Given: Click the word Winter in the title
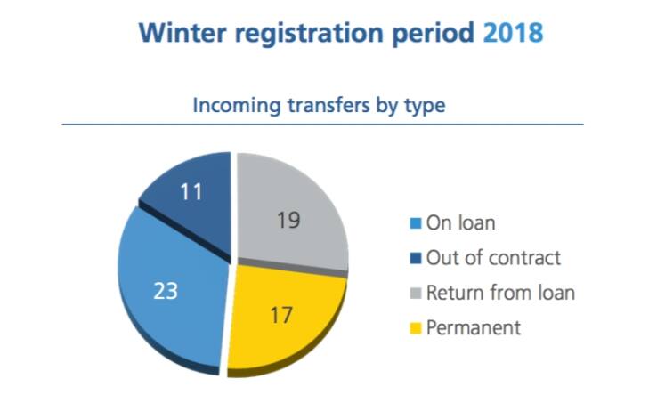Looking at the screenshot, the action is pyautogui.click(x=182, y=32).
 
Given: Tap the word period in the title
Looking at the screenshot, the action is pyautogui.click(x=434, y=34).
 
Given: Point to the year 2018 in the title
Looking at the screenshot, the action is pyautogui.click(x=513, y=32).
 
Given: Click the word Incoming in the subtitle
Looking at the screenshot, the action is pyautogui.click(x=237, y=105).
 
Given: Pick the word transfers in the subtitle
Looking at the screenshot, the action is pyautogui.click(x=328, y=105).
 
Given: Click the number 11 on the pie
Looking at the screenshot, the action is pyautogui.click(x=191, y=192).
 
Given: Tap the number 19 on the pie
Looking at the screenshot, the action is pyautogui.click(x=288, y=220).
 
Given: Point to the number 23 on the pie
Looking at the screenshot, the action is pyautogui.click(x=166, y=291).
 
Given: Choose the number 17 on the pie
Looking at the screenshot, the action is pyautogui.click(x=281, y=315).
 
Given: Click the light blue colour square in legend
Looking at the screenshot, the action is pyautogui.click(x=415, y=223).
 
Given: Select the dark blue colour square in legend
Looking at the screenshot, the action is pyautogui.click(x=415, y=258).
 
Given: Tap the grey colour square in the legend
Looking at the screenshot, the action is pyautogui.click(x=415, y=293).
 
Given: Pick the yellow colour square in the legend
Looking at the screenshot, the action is pyautogui.click(x=415, y=328).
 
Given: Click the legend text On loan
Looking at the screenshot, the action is pyautogui.click(x=460, y=222).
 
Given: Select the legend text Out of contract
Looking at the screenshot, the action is pyautogui.click(x=493, y=258).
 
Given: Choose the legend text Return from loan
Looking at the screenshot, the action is pyautogui.click(x=500, y=293).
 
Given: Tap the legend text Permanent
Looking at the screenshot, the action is pyautogui.click(x=474, y=327).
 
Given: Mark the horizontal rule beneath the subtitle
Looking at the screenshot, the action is pyautogui.click(x=322, y=125).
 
